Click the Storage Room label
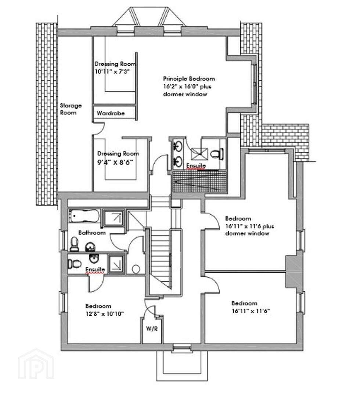(x=71, y=109)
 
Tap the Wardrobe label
(x=111, y=113)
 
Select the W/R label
(x=152, y=329)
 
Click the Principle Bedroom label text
(x=189, y=79)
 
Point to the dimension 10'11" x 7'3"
(x=112, y=71)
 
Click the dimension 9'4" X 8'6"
(x=115, y=162)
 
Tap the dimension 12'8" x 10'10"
(x=104, y=314)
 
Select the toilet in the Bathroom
(x=74, y=244)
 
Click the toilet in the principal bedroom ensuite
(x=217, y=154)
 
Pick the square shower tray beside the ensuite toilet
(x=199, y=154)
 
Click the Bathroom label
(x=92, y=232)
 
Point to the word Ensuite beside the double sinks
(x=196, y=166)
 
